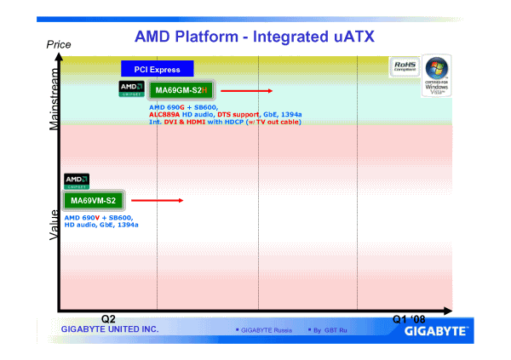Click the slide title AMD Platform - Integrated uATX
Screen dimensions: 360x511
click(x=255, y=37)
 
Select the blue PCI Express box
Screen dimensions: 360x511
click(x=157, y=69)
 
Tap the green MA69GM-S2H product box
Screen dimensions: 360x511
click(x=182, y=90)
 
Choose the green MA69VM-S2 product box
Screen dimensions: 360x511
click(x=93, y=200)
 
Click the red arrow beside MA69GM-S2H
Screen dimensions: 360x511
click(x=248, y=90)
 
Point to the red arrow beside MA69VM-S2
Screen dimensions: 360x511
click(x=158, y=201)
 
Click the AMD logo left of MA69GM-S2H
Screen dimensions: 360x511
click(x=132, y=89)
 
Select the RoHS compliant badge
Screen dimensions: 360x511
click(x=405, y=66)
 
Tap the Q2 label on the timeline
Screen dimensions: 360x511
click(x=108, y=318)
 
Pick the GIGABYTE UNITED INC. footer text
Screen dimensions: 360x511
click(x=104, y=329)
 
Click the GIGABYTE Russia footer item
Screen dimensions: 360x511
click(x=265, y=329)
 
